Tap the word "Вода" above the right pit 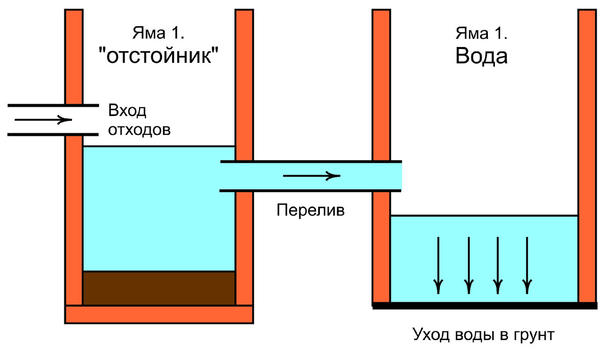point(481,56)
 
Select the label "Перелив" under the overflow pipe point(311,210)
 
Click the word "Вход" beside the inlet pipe point(127,111)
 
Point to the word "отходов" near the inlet point(138,129)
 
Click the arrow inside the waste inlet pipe point(43,121)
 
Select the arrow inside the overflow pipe point(311,176)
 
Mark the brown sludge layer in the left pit point(159,288)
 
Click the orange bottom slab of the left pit point(159,314)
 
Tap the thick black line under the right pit point(484,306)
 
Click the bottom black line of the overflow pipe point(310,191)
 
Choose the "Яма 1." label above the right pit point(481,34)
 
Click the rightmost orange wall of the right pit point(587,153)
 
